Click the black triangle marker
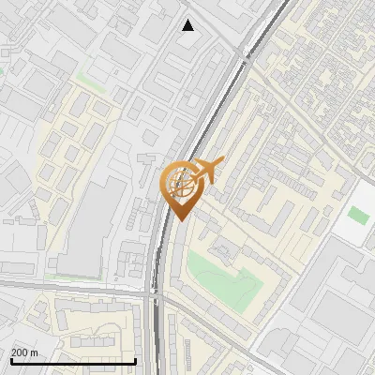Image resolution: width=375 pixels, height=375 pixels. (188, 25)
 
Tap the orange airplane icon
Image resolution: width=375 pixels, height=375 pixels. (200, 173)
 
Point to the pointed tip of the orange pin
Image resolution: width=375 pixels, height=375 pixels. (179, 219)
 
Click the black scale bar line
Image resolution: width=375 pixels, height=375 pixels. (73, 361)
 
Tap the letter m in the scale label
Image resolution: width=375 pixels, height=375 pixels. (35, 352)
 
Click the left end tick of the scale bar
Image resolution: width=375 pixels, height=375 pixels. (10, 360)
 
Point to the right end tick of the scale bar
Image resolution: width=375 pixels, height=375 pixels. (136, 360)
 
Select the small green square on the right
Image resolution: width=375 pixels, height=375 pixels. (357, 215)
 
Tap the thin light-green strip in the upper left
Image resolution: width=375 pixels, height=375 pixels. (89, 79)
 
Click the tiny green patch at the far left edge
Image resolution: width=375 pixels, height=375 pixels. (2, 67)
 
